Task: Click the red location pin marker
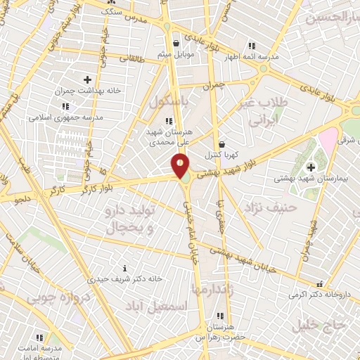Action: (180, 165)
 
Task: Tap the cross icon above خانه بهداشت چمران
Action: (87, 79)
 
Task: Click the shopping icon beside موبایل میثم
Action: (174, 44)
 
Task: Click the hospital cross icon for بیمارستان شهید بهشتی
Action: (311, 166)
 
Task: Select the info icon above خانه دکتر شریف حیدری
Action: (125, 268)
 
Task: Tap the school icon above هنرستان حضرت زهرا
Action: (220, 316)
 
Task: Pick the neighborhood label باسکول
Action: (169, 101)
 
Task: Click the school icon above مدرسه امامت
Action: (39, 337)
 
